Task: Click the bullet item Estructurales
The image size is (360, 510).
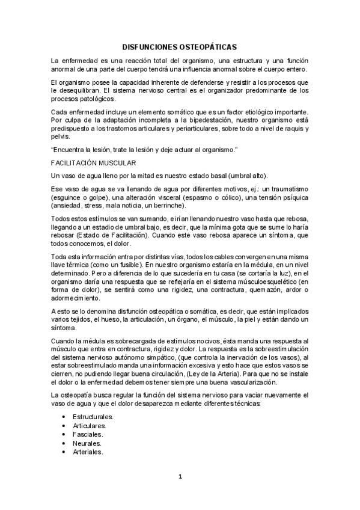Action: click(x=93, y=416)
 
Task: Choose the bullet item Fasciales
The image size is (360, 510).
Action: click(x=88, y=433)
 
